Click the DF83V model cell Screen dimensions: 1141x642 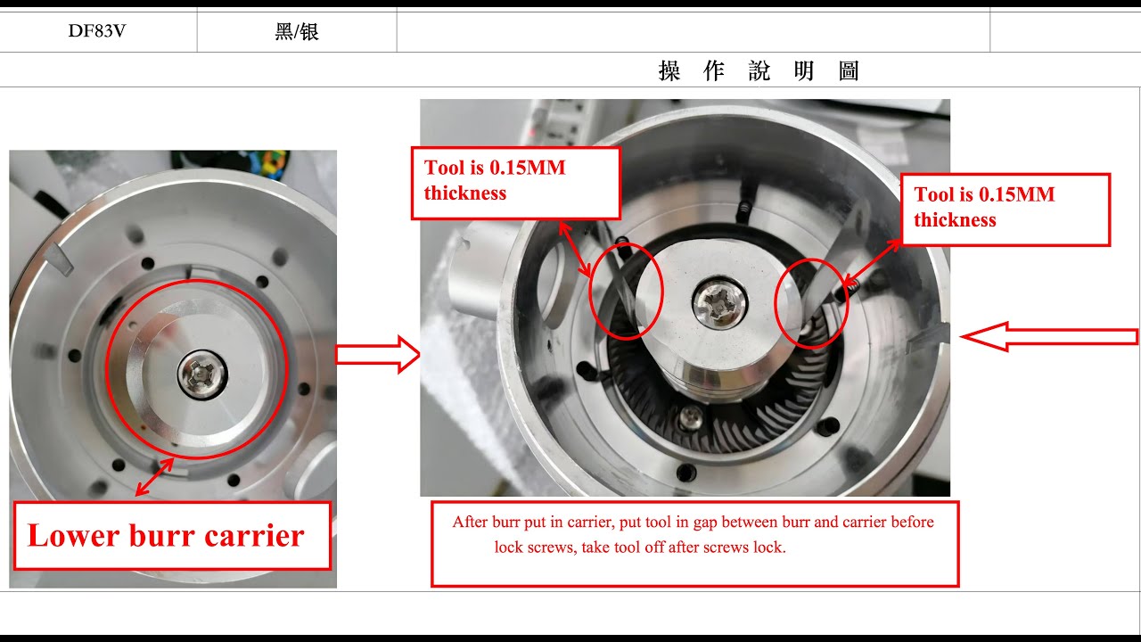[97, 31]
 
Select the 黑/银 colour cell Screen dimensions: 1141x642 [297, 31]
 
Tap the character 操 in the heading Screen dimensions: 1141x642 [669, 70]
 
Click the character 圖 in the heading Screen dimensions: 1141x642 [849, 70]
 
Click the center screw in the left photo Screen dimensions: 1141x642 [202, 374]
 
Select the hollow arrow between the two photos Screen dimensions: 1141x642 [377, 355]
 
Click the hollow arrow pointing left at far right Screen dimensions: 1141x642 [1049, 337]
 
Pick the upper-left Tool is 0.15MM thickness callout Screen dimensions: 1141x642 [515, 184]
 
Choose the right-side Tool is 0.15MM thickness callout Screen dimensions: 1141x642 [1006, 210]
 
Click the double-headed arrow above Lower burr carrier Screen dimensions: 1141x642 [154, 477]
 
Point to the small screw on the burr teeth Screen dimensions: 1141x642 [689, 418]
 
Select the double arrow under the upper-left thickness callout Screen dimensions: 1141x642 [575, 250]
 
